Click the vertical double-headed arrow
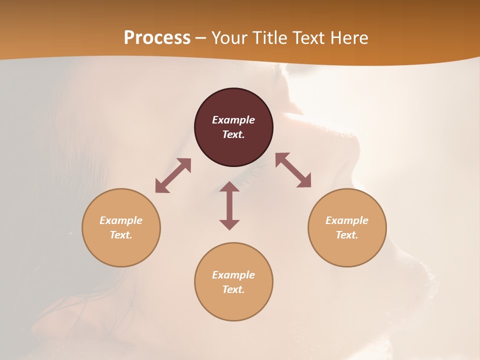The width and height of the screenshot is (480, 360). [229, 205]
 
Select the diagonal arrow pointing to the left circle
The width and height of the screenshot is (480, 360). [173, 175]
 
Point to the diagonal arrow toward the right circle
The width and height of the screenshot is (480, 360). [293, 170]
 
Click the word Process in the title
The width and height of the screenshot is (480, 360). [157, 37]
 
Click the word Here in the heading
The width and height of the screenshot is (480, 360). [350, 38]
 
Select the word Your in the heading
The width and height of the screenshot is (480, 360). [229, 38]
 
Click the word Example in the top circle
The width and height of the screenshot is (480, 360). [233, 120]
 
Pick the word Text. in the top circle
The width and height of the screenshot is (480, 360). [233, 134]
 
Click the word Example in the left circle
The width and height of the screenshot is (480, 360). [121, 220]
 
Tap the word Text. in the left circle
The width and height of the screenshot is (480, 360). [121, 235]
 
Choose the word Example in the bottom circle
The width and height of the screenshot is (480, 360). [233, 275]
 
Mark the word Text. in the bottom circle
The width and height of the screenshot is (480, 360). [233, 289]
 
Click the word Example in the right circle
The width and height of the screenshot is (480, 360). [347, 220]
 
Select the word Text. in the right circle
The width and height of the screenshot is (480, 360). [347, 235]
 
